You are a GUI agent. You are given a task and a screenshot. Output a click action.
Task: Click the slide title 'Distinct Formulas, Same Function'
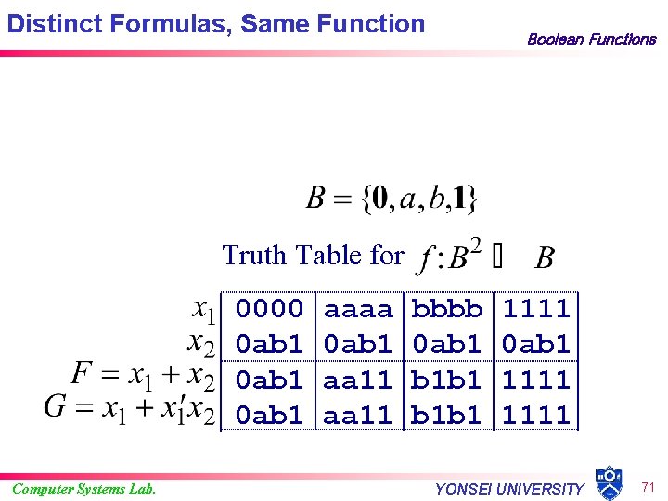[215, 23]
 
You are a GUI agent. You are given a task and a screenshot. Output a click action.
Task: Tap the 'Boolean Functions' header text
[591, 39]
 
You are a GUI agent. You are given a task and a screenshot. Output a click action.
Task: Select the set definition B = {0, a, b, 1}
[392, 198]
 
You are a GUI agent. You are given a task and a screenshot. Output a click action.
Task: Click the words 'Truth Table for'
[314, 254]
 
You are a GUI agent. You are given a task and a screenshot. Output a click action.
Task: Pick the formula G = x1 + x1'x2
[129, 409]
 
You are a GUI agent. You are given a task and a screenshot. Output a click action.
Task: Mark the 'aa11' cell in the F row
[358, 379]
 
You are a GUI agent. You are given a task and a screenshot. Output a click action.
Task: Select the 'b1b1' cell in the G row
[447, 415]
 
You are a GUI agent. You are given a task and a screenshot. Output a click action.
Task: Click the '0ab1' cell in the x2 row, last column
[536, 344]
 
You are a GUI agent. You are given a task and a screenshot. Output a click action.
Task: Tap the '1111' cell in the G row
[536, 415]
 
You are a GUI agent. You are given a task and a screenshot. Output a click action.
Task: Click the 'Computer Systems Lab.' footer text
[83, 489]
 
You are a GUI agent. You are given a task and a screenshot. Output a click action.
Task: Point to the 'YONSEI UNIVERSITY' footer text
[510, 489]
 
